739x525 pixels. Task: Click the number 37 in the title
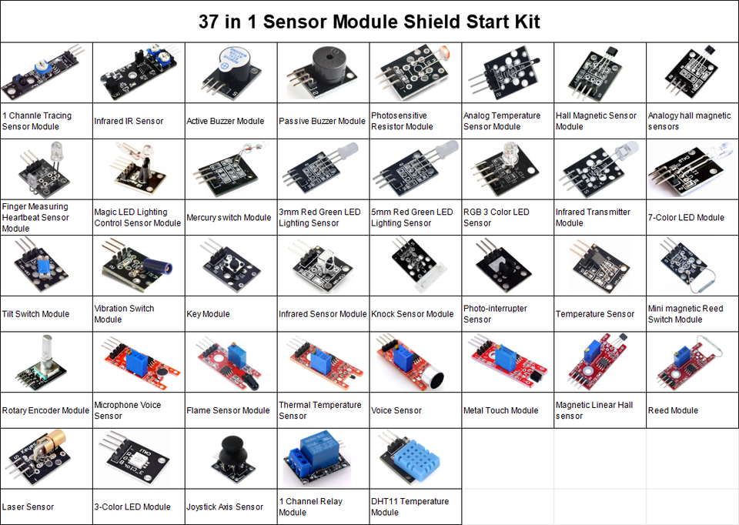209,22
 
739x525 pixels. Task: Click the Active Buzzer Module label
226,121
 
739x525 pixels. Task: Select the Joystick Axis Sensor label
225,507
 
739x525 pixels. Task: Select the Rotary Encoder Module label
45,410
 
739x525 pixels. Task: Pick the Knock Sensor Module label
413,314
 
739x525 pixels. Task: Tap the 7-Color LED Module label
686,218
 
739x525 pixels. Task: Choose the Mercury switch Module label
229,218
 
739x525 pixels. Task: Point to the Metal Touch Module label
500,410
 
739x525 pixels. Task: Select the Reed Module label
673,410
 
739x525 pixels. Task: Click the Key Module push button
231,266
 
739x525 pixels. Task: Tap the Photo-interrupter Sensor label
495,314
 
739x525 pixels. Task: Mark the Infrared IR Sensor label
129,121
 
